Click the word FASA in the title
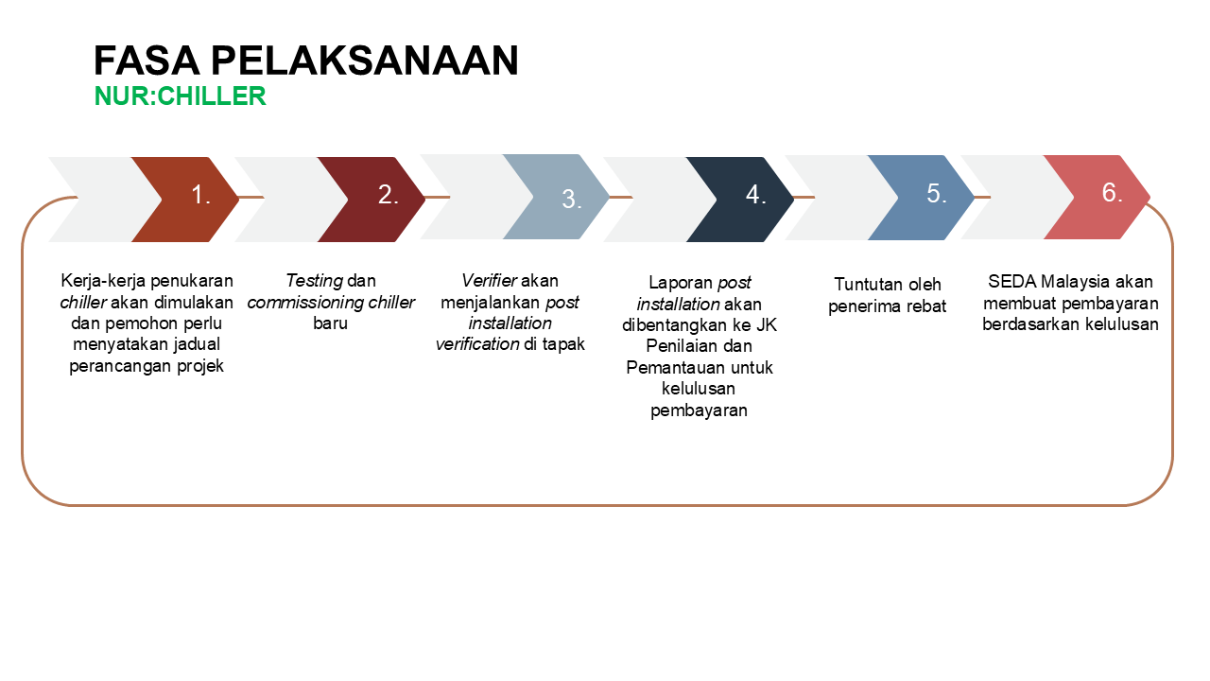[147, 60]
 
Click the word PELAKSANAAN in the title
[365, 60]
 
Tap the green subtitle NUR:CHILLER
[180, 96]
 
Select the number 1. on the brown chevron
[200, 195]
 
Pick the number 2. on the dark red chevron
[389, 195]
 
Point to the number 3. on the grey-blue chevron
[572, 199]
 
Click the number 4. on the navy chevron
[756, 195]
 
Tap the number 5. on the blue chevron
[937, 194]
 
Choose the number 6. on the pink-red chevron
[1113, 192]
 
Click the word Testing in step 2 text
[315, 281]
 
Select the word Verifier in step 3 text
[490, 281]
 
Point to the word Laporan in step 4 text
[681, 283]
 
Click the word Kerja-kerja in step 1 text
[103, 281]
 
